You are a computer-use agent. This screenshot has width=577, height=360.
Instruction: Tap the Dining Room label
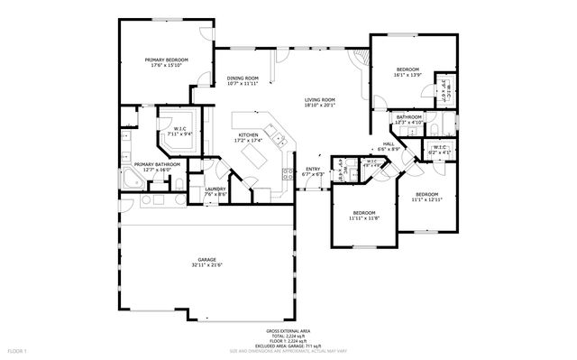pyautogui.click(x=242, y=79)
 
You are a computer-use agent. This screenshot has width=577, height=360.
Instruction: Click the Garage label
pyautogui.click(x=207, y=259)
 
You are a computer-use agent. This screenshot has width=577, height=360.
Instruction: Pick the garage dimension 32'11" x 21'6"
pyautogui.click(x=207, y=265)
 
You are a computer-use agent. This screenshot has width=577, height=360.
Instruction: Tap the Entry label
pyautogui.click(x=313, y=169)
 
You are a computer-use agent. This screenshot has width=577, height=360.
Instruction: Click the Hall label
pyautogui.click(x=389, y=143)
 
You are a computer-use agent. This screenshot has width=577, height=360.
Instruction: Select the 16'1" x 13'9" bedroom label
pyautogui.click(x=408, y=69)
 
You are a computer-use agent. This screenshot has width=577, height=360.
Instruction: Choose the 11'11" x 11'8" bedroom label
pyautogui.click(x=364, y=213)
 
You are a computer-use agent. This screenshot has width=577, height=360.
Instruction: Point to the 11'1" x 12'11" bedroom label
pyautogui.click(x=426, y=195)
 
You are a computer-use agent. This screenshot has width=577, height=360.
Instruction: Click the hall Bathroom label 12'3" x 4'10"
pyautogui.click(x=408, y=117)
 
